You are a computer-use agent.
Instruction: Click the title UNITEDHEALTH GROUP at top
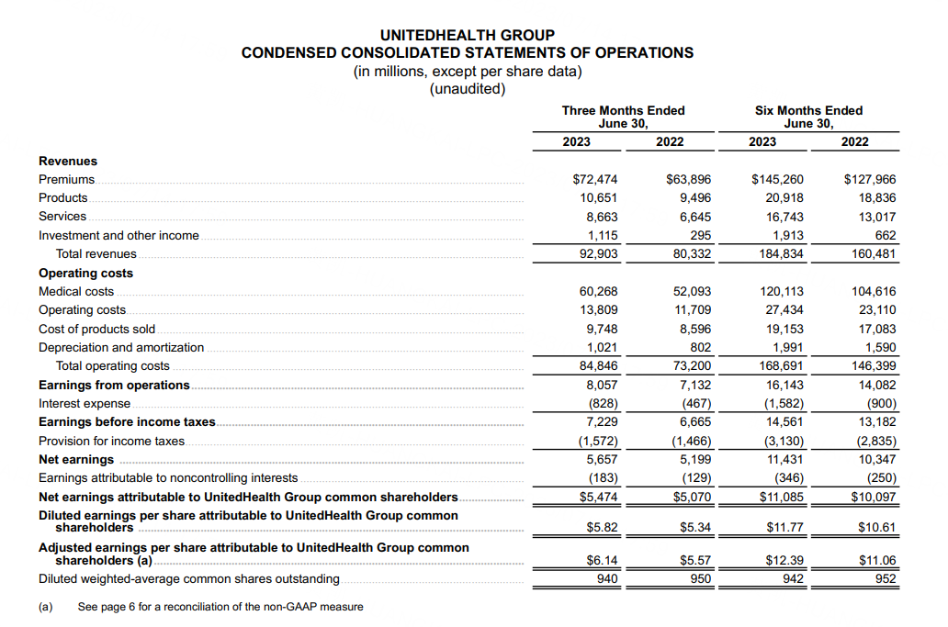[467, 35]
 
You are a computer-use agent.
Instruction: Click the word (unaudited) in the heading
[467, 89]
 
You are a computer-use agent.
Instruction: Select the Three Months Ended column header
[623, 110]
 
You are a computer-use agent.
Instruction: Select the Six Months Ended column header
[808, 110]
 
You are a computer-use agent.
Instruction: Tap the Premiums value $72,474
[595, 179]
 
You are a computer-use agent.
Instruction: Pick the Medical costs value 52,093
[692, 292]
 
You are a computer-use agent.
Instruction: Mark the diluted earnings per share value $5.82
[602, 528]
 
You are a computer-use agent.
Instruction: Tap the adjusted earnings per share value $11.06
[876, 560]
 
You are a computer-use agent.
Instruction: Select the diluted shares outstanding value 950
[700, 579]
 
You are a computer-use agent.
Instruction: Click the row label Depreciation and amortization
[121, 348]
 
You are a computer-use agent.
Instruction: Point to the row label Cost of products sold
[96, 329]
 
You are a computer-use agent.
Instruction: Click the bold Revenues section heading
[67, 162]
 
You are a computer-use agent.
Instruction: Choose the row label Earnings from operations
[114, 386]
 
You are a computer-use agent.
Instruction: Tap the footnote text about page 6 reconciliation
[220, 607]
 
